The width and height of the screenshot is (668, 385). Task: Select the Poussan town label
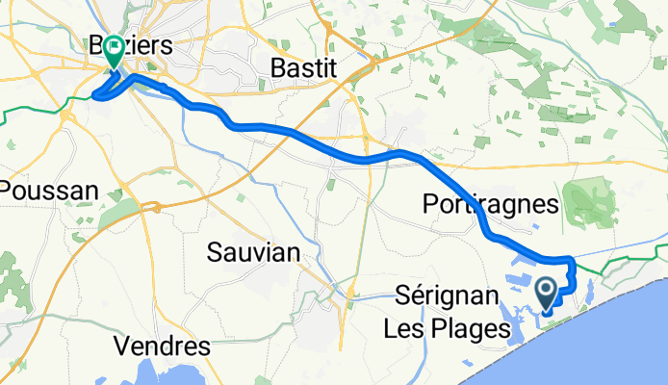48,190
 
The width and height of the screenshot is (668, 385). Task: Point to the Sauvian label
254,252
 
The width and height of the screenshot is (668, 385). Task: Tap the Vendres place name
162,345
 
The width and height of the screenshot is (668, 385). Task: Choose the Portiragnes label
490,204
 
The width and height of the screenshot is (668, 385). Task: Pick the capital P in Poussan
7,190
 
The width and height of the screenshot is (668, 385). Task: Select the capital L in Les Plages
390,328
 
